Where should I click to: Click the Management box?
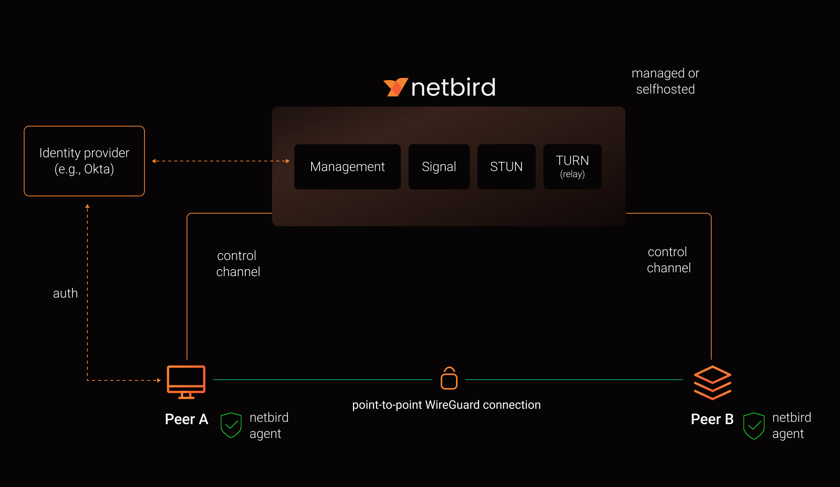(347, 167)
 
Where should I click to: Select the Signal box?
(439, 167)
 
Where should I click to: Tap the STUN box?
(506, 167)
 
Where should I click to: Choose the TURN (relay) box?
(572, 167)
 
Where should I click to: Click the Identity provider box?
(84, 161)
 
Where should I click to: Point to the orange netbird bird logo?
(395, 87)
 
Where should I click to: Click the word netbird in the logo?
(453, 87)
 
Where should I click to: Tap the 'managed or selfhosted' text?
(665, 81)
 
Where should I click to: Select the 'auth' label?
(65, 293)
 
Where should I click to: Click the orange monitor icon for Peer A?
(186, 382)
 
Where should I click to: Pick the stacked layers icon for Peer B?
(712, 383)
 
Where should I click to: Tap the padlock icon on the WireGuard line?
(449, 378)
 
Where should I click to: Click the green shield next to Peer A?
(231, 425)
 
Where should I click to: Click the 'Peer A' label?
(187, 419)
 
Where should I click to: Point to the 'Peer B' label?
(712, 419)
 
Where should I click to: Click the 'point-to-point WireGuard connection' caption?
(446, 405)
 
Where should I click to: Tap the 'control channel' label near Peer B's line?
(669, 260)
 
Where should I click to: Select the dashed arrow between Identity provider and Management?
(220, 161)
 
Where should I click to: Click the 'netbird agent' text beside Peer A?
(269, 425)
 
